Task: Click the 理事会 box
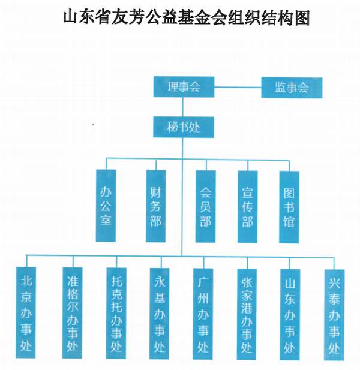tap(184, 87)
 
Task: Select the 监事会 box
tap(292, 87)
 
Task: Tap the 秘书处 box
tap(184, 127)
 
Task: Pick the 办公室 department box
tap(106, 206)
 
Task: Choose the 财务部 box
tap(156, 206)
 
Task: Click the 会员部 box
tap(205, 206)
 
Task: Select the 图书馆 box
tap(289, 206)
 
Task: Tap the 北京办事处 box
tap(27, 312)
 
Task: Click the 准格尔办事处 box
tap(72, 312)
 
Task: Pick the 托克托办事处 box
tap(116, 312)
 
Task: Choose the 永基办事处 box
tap(159, 312)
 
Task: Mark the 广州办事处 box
tap(203, 312)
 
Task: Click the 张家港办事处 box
tap(247, 312)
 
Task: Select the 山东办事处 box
tap(290, 312)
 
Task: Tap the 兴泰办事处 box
tap(334, 312)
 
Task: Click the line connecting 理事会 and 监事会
tap(238, 88)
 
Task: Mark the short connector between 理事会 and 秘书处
tap(184, 107)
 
